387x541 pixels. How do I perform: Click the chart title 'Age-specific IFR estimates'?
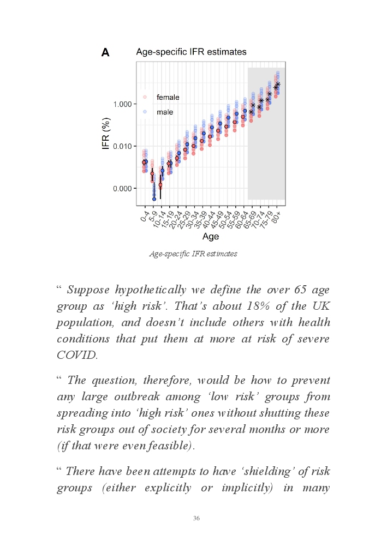[x=191, y=52]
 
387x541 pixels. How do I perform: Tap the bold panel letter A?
[x=105, y=52]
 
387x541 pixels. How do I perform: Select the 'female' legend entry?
[x=168, y=97]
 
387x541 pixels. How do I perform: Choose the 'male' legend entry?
[x=164, y=112]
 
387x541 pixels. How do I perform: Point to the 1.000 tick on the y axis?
[x=122, y=104]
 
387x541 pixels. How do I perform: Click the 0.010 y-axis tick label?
[x=122, y=146]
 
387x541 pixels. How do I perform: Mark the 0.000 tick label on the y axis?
[x=122, y=189]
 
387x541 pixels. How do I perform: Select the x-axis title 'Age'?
[x=210, y=236]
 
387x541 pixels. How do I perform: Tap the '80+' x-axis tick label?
[x=277, y=215]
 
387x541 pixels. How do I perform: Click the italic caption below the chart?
[x=193, y=254]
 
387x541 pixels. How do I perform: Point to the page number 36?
[x=197, y=518]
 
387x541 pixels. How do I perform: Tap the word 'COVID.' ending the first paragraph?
[x=77, y=355]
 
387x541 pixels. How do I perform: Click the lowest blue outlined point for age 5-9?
[x=154, y=199]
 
